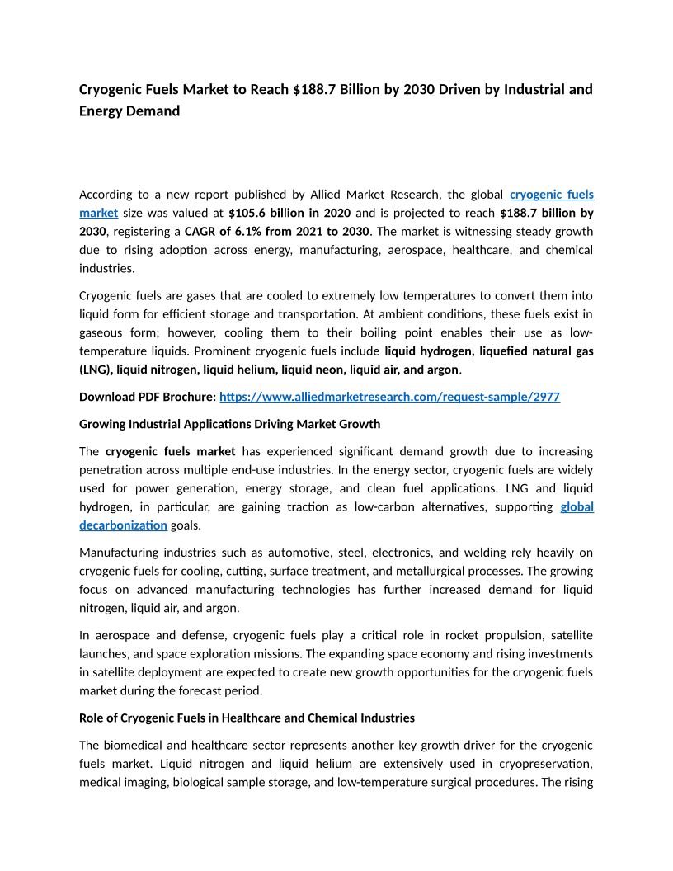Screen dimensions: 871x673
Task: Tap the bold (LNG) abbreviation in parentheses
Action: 96,369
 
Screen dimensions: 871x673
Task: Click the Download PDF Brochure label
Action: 147,397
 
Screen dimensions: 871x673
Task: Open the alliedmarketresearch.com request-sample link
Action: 389,397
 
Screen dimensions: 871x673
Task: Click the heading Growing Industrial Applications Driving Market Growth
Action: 229,424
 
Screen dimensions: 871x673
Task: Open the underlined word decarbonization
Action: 123,525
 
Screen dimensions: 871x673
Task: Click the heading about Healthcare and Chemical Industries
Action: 247,718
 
